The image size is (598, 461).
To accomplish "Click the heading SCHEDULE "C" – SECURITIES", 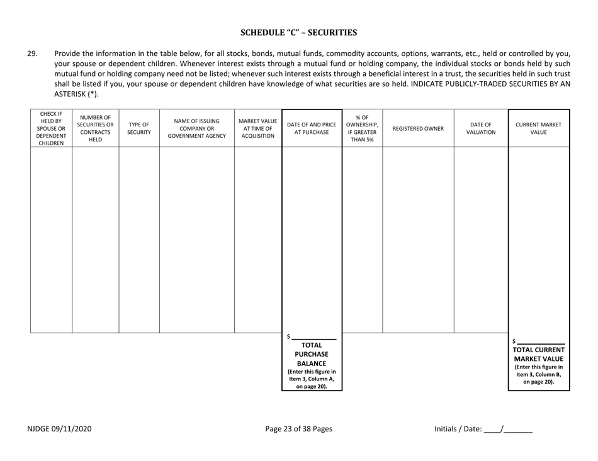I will coord(299,32).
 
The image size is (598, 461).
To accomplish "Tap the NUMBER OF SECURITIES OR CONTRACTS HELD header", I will coord(95,128).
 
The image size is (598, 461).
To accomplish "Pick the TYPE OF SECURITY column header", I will coord(139,128).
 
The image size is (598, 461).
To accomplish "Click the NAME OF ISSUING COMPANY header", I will coord(197,128).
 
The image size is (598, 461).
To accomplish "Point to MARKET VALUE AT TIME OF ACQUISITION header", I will coord(258,128).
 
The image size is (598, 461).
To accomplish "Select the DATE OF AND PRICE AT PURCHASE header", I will coord(312,128).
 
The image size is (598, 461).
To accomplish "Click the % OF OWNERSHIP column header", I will coord(361,128).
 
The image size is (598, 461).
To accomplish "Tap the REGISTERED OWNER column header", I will coord(417,128).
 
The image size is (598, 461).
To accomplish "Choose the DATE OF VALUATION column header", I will coord(480,128).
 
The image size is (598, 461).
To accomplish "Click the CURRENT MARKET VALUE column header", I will coord(539,128).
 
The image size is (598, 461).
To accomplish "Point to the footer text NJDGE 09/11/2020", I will coord(55,429).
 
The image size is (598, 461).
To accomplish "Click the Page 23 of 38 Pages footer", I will coord(298,429).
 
